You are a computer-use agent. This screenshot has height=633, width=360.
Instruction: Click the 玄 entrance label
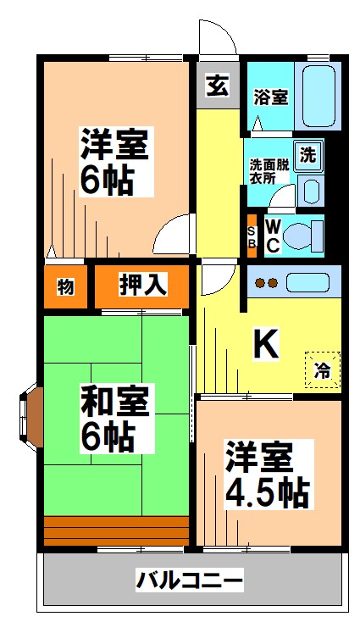click(x=218, y=86)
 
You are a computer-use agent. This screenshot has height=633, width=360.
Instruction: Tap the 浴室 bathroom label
click(x=269, y=97)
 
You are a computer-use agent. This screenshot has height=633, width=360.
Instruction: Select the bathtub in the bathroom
click(x=318, y=97)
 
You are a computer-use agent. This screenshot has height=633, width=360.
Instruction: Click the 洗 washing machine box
click(x=311, y=155)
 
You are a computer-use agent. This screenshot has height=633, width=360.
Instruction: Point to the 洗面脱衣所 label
click(x=268, y=171)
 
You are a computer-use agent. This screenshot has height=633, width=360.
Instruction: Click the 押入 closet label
click(x=141, y=286)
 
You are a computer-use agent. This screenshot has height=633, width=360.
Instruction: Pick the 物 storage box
click(x=65, y=286)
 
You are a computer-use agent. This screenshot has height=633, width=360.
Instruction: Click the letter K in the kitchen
click(x=266, y=343)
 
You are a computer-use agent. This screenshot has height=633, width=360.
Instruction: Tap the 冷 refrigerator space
click(x=323, y=369)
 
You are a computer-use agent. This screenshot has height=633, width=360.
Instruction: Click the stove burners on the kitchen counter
click(x=267, y=283)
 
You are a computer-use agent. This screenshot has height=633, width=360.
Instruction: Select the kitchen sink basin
click(x=307, y=282)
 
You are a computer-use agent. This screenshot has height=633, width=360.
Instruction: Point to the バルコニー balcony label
click(x=190, y=581)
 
